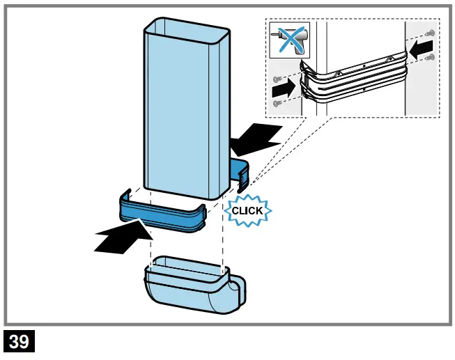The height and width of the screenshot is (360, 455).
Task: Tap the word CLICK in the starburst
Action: point(247,210)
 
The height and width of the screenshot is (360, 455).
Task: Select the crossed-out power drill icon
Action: point(288,41)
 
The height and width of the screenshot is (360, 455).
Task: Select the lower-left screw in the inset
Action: point(277,103)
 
